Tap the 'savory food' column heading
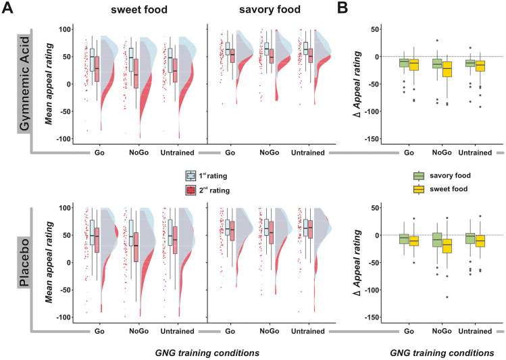click(270, 11)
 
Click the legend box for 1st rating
click(191, 175)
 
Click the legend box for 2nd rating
click(191, 190)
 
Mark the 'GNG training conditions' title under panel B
click(442, 353)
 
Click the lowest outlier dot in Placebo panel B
click(446, 297)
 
